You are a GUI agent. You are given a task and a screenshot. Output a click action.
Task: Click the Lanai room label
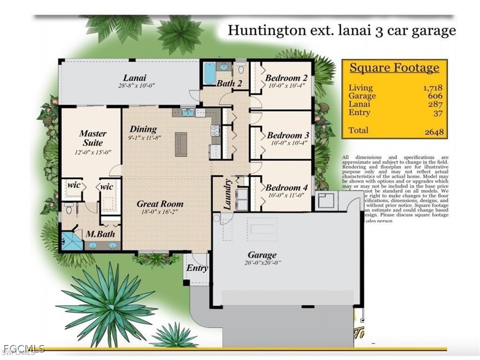click(135, 78)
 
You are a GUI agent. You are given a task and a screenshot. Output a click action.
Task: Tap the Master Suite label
click(92, 138)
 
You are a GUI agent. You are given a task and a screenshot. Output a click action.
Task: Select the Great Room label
click(160, 204)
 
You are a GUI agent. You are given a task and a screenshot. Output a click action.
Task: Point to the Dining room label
click(143, 129)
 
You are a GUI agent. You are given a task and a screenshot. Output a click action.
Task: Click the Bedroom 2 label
click(286, 78)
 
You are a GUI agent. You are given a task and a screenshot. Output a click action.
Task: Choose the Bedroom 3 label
click(287, 135)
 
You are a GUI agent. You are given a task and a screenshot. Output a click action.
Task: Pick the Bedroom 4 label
click(286, 187)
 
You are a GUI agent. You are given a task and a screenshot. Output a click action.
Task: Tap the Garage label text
click(262, 255)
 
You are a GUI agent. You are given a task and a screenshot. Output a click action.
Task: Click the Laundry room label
click(227, 194)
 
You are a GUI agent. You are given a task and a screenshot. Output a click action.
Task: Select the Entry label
click(197, 268)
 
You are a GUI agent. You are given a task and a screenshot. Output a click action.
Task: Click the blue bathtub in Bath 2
click(210, 73)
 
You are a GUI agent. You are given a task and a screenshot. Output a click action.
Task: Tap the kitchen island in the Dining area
click(181, 144)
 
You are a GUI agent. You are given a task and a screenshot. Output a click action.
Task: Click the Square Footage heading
click(394, 68)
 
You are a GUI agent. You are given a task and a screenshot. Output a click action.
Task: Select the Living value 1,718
click(433, 88)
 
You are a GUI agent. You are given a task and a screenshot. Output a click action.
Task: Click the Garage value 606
click(435, 96)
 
